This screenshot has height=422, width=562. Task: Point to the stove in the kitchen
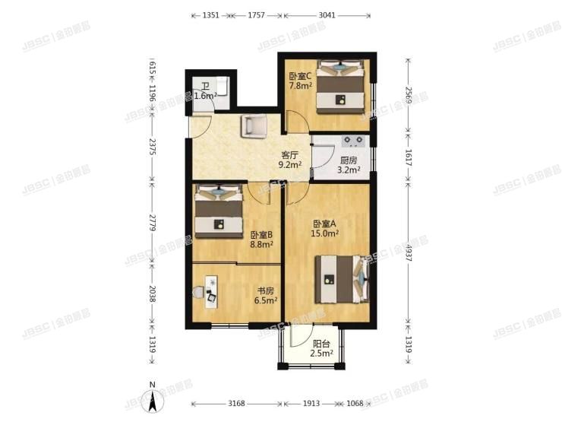coord(354,141)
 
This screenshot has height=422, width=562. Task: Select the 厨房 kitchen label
coord(349,160)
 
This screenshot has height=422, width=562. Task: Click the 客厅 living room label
coord(289,154)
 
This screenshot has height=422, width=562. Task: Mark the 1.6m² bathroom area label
coord(205,96)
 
